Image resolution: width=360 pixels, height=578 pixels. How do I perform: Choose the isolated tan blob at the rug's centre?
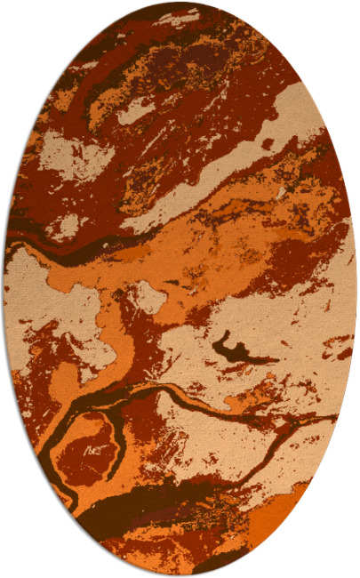pyautogui.click(x=148, y=296)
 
